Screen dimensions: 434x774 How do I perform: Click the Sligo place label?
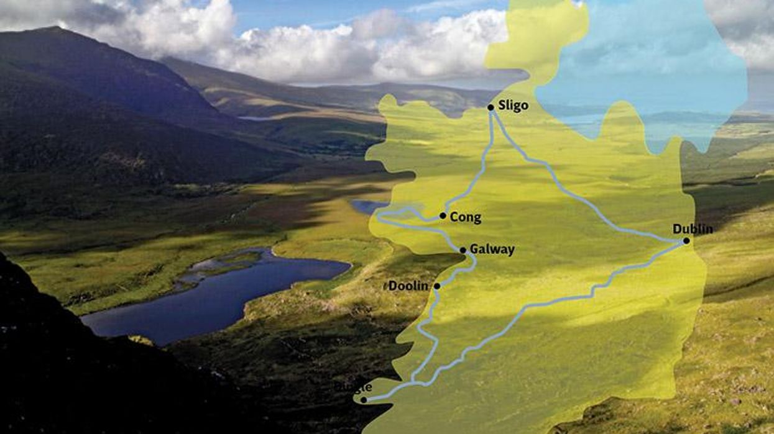513,106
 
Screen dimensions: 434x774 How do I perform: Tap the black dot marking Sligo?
491,107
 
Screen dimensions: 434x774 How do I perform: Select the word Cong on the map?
465,217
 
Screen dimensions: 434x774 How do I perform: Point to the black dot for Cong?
443,216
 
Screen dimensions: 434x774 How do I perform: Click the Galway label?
492,250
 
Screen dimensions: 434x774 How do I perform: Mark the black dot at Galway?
463,250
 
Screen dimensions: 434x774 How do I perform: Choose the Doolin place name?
408,286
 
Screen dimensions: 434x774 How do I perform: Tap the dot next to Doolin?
436,286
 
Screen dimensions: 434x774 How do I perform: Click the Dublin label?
693,229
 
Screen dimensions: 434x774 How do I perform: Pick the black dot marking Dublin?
686,241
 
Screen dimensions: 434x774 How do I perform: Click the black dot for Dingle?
364,400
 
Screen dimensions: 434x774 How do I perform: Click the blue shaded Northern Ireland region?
647,68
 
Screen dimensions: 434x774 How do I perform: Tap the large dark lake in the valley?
218,298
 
